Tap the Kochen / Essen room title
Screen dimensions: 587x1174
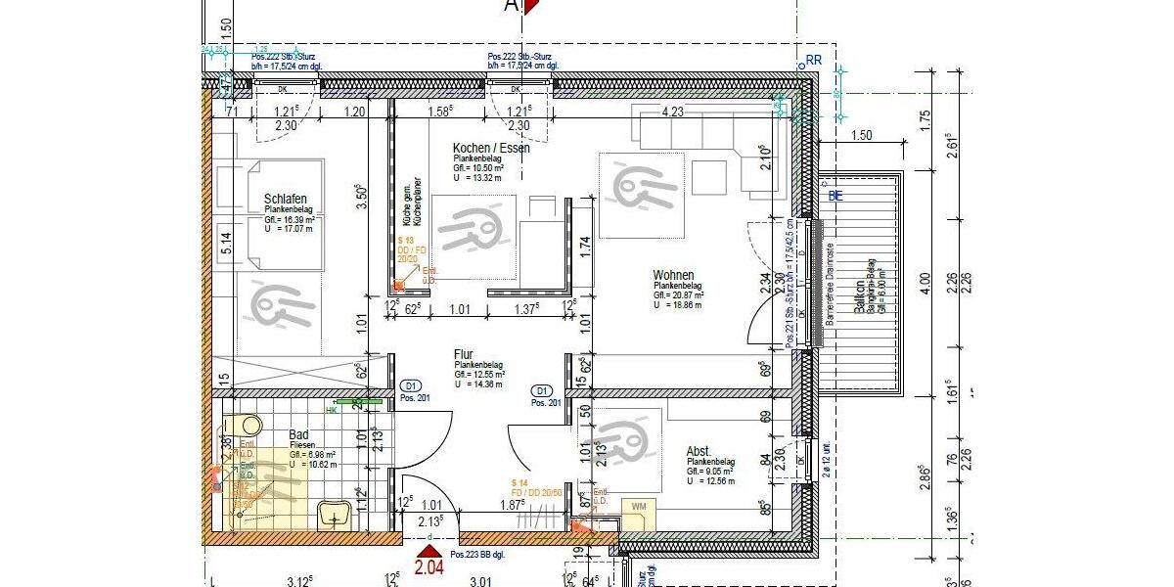[491, 148]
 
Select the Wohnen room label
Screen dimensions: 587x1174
[674, 275]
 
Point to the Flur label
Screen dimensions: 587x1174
[464, 354]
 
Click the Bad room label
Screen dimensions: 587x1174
[298, 435]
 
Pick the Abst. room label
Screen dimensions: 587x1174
[699, 451]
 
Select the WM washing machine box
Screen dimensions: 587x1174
[639, 506]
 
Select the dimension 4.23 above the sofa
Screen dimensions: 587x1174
[672, 113]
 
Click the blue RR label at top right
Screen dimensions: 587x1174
[813, 60]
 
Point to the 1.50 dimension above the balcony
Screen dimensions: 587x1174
[862, 135]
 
